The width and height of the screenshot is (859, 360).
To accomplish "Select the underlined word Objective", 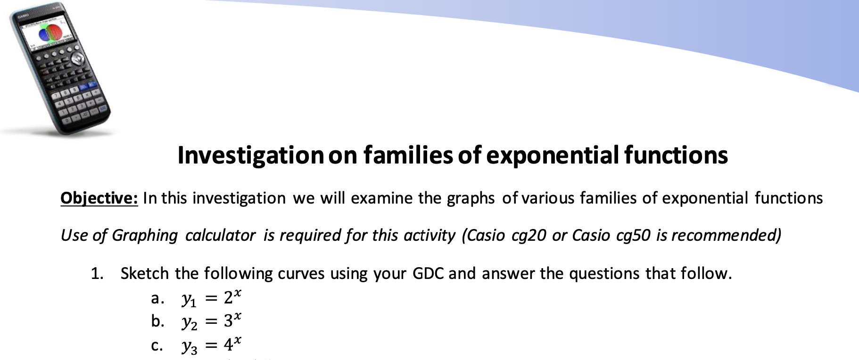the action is tap(99, 198).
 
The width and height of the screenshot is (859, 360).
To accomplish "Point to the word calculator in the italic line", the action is tap(220, 235).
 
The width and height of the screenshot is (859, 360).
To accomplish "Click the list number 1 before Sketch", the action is tap(97, 273).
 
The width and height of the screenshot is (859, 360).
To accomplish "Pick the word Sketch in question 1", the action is tap(144, 273).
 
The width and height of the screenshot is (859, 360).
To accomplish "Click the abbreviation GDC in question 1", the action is tap(428, 273).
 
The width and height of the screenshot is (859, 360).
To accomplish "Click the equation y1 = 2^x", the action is tap(212, 298).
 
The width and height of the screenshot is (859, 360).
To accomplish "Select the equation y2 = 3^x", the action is tap(212, 321).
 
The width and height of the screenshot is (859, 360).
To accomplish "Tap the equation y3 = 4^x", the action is tap(212, 345).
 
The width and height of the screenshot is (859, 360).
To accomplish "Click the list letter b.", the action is tap(157, 321).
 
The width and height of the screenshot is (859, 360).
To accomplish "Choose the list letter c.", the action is tap(157, 346).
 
